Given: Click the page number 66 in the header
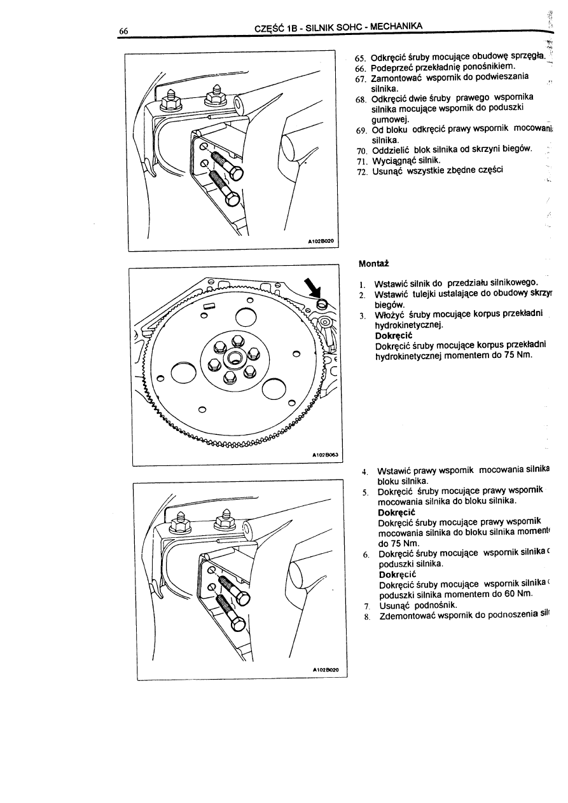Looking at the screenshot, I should tap(123, 30).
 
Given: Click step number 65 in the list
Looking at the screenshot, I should tap(361, 58).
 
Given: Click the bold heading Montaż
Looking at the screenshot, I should tap(373, 263).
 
